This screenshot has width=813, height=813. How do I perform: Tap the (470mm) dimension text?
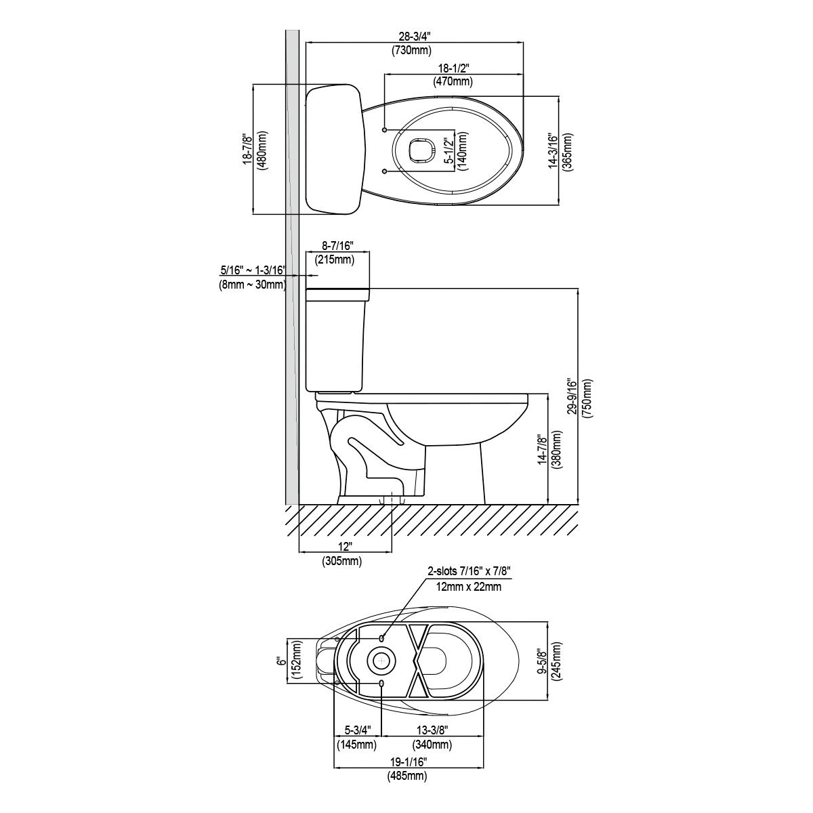coord(453,81)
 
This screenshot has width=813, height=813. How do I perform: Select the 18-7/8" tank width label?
coord(248,149)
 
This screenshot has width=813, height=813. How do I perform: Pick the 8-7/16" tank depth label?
coord(337,245)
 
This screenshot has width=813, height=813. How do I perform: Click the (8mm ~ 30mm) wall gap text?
coord(252,285)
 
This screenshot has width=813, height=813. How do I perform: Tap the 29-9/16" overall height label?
coord(572,396)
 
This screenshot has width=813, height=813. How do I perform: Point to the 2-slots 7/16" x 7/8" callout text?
coord(469,571)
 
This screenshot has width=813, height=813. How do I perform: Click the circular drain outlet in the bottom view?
coord(381,661)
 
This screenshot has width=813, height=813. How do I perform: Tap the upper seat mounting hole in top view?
coord(384,129)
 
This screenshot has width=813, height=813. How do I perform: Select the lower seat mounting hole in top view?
coord(384,171)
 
